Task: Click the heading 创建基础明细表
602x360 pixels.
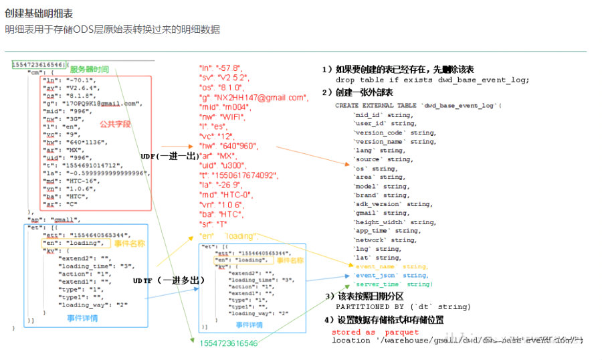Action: click(39, 13)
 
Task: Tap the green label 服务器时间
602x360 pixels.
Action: click(90, 70)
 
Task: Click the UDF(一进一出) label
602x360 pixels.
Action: click(170, 156)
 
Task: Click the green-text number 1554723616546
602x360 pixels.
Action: click(227, 343)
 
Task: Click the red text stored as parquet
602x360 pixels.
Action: click(375, 332)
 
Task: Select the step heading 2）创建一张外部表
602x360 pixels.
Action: click(357, 92)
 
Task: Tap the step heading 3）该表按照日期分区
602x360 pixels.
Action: click(365, 296)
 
